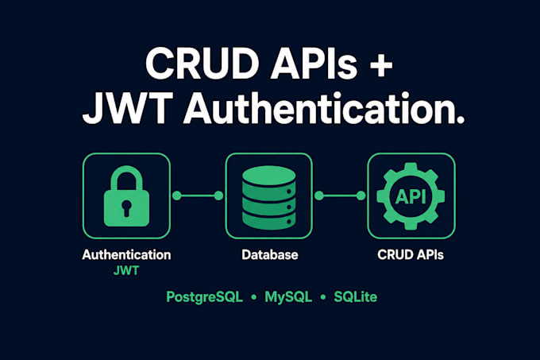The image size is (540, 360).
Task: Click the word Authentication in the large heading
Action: [x=324, y=107]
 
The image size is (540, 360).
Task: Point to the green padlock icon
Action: [x=126, y=196]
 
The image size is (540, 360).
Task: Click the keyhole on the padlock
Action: [x=126, y=208]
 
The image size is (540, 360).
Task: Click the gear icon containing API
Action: [x=411, y=196]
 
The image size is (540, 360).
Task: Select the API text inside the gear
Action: [x=411, y=196]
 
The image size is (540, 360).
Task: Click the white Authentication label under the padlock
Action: [x=126, y=255]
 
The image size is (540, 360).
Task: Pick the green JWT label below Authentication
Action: [x=126, y=271]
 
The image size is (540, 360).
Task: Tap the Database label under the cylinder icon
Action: [x=270, y=255]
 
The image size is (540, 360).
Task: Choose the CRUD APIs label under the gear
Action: [x=411, y=255]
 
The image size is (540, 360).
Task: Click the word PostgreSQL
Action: [x=205, y=297]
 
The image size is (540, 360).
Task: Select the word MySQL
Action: [x=288, y=297]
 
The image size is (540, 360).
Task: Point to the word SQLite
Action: [x=356, y=297]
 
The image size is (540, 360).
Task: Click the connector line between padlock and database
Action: [x=198, y=195]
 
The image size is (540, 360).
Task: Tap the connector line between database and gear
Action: [x=340, y=195]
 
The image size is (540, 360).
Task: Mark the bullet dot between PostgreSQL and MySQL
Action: [x=254, y=297]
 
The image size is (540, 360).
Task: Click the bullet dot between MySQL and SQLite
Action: [x=323, y=297]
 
